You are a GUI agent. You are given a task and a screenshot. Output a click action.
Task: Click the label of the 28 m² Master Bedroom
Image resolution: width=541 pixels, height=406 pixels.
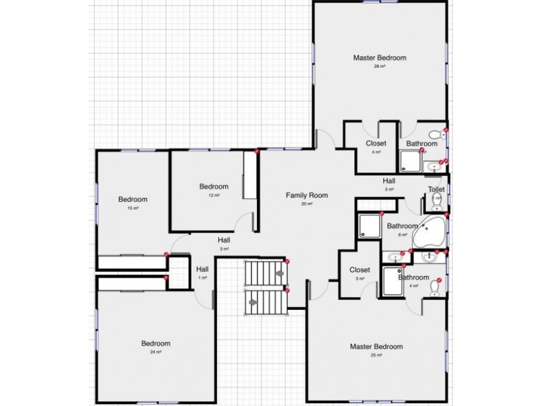pos(379,58)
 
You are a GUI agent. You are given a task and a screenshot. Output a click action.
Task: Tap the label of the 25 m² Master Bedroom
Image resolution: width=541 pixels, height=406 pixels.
pos(376,347)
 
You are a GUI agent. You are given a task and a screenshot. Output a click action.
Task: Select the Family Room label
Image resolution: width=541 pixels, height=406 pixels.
pos(306,196)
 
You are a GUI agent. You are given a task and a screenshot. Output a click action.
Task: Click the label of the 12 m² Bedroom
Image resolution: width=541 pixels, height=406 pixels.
pos(214,187)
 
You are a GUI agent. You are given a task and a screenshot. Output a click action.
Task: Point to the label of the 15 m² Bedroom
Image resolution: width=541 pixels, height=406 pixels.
pos(133,200)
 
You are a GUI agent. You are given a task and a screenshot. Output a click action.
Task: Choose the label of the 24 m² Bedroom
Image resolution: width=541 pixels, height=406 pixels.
pos(156,343)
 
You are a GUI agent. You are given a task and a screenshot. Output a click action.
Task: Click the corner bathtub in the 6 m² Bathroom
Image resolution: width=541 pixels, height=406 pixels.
pos(433,230)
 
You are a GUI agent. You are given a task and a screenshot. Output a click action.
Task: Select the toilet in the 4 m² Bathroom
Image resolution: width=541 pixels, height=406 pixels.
pos(435,288)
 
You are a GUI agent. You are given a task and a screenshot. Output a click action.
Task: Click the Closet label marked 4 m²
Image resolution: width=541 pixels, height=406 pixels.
pos(376,143)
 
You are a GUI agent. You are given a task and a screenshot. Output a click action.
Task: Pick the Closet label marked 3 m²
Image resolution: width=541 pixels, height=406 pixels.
pos(360,270)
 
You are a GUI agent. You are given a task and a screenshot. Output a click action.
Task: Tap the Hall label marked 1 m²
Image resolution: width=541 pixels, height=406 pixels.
pos(202,269)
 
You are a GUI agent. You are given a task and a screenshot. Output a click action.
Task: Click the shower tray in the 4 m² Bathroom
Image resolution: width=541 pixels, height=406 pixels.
pos(393,280)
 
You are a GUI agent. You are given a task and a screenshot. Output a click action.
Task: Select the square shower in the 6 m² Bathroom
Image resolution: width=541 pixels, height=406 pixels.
pos(369,226)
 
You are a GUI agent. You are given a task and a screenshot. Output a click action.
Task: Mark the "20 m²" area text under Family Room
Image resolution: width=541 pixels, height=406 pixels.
pos(306,204)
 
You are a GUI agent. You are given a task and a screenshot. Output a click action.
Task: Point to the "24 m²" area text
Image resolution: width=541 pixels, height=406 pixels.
pos(156,352)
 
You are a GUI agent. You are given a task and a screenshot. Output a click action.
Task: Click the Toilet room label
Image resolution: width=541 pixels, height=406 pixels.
pos(436,189)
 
